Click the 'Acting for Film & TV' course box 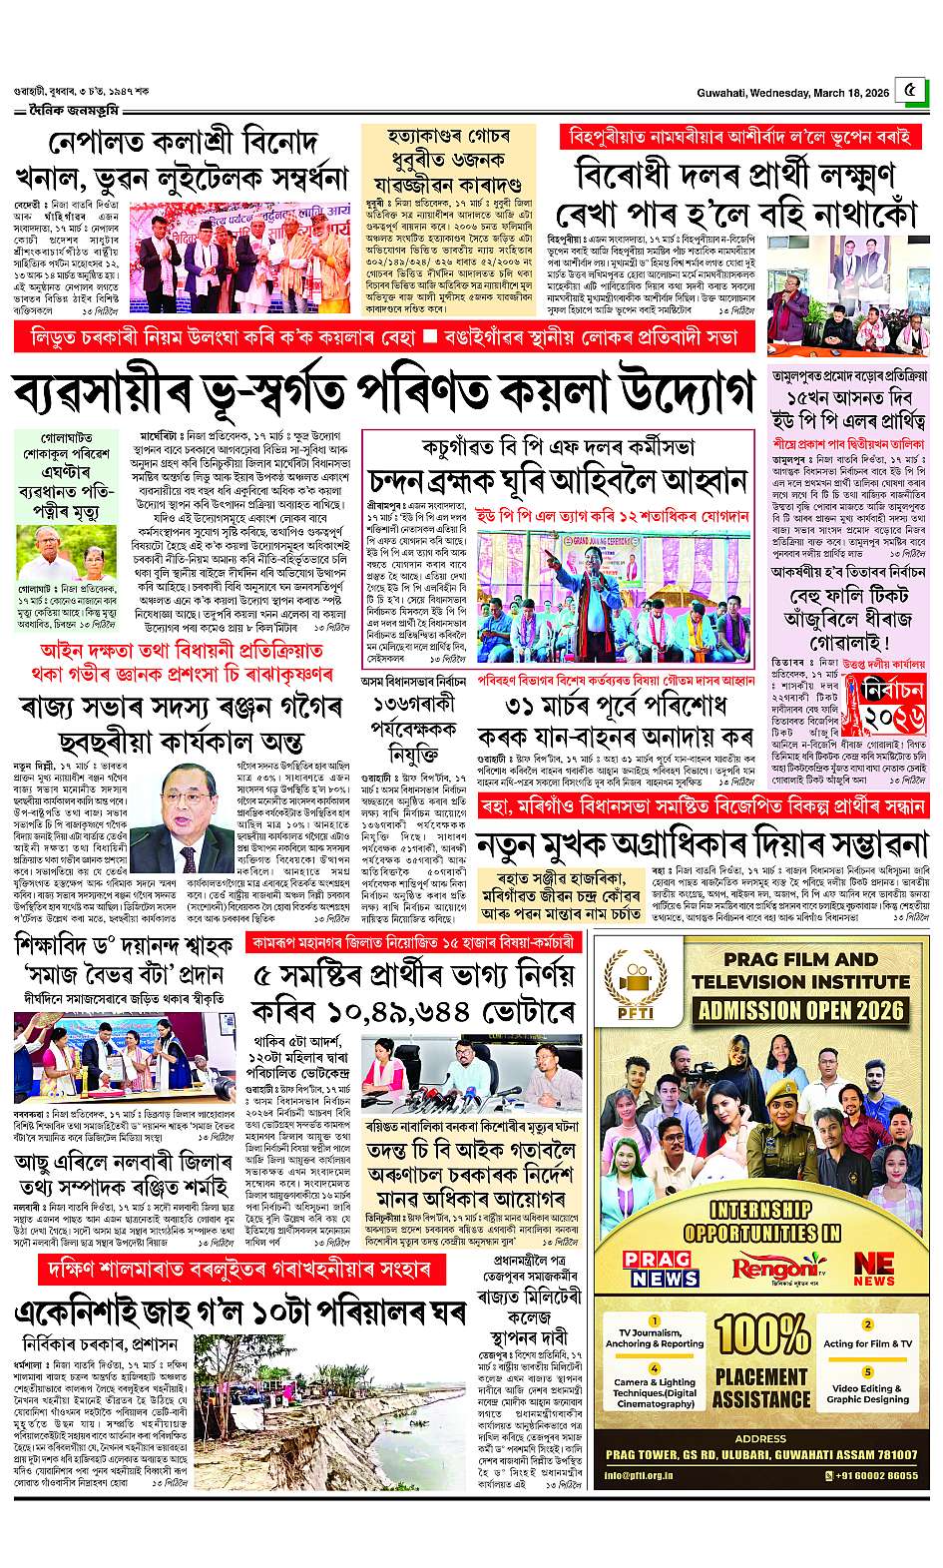coord(867,1337)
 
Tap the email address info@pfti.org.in coord(640,1474)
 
